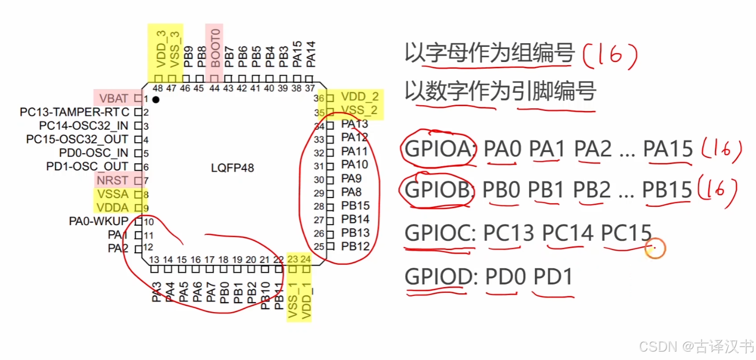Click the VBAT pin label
(x=113, y=98)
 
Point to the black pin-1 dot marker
(x=156, y=99)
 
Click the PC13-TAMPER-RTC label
(x=74, y=111)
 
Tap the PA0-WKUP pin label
(x=98, y=221)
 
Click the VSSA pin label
(x=113, y=194)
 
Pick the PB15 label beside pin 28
(x=356, y=206)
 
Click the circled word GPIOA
(x=437, y=150)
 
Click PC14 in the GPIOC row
(x=568, y=233)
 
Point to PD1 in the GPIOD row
(x=553, y=277)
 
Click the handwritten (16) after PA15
(x=722, y=150)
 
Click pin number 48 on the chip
(x=158, y=89)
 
